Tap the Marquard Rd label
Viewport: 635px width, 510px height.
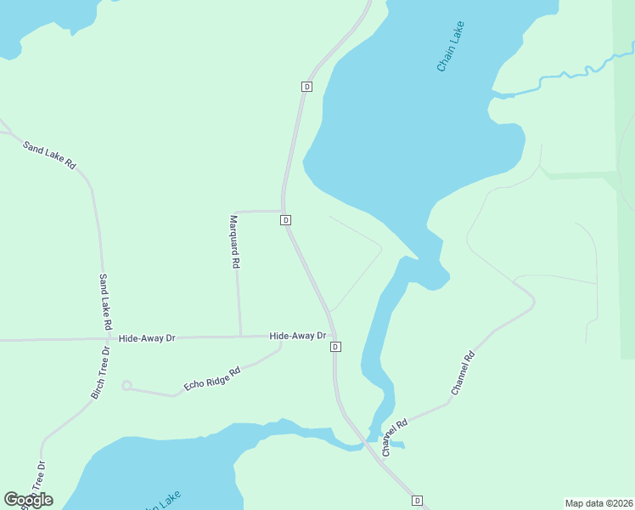tap(234, 241)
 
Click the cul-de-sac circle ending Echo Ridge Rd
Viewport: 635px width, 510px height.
tap(126, 386)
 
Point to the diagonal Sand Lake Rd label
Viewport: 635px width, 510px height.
tap(49, 154)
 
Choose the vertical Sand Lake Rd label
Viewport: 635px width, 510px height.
tap(105, 302)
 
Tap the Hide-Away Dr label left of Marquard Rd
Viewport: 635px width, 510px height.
tap(146, 338)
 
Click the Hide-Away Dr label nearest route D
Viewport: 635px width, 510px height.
tap(297, 336)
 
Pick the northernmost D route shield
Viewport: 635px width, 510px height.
tap(306, 87)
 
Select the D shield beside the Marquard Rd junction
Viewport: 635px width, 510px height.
tap(286, 220)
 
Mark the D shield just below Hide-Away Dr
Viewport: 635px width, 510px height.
tap(336, 347)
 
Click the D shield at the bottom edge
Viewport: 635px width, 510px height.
tap(417, 501)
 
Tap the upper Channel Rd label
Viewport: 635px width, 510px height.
tap(463, 372)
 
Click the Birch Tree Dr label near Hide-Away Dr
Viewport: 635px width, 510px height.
tap(101, 372)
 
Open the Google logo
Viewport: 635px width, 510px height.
tap(28, 500)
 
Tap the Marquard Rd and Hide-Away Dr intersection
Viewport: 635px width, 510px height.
tap(240, 337)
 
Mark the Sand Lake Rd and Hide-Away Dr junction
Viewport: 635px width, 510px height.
tap(107, 338)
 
